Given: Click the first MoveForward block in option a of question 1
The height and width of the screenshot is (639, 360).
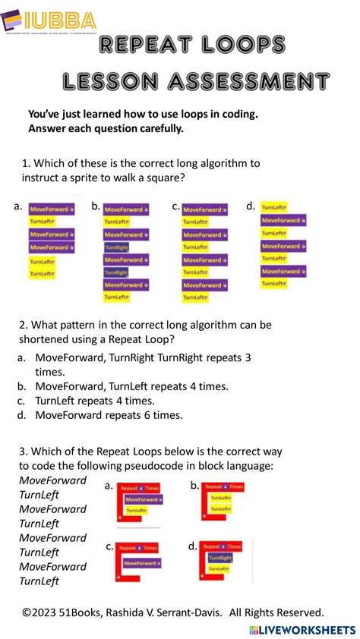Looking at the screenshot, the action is pyautogui.click(x=52, y=209).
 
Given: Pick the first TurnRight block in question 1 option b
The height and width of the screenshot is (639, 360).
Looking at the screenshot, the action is pyautogui.click(x=116, y=247).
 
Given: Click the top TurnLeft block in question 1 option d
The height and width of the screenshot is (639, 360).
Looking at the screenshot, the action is pyautogui.click(x=273, y=206).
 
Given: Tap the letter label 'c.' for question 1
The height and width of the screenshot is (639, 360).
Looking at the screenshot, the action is pyautogui.click(x=175, y=206).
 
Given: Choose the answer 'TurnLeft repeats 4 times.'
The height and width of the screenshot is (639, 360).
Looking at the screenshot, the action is pyautogui.click(x=95, y=401).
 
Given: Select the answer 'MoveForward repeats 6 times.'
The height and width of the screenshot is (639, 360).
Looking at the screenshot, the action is pyautogui.click(x=109, y=415).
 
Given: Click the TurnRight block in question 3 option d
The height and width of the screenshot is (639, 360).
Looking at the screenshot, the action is pyautogui.click(x=224, y=557).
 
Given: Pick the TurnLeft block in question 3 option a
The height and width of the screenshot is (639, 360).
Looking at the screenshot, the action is pyautogui.click(x=137, y=511).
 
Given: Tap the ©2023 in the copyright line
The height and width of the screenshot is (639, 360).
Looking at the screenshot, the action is pyautogui.click(x=43, y=612).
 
